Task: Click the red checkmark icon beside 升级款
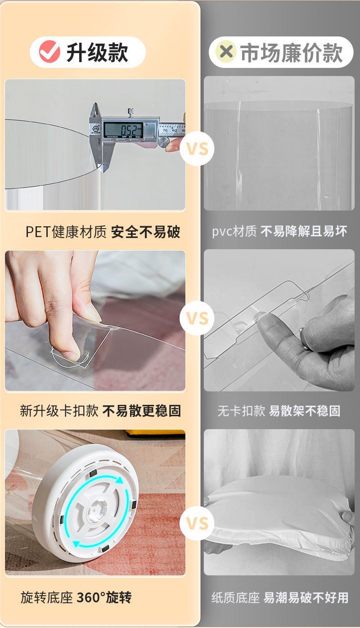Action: coord(49,52)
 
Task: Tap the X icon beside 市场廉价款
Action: coord(226,52)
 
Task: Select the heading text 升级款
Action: coord(97,53)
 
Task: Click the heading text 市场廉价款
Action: coord(292,53)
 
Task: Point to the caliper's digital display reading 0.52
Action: coord(123,130)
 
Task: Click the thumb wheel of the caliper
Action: coord(163,142)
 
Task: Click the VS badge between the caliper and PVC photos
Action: coord(197,148)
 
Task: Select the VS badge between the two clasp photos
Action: coord(197,318)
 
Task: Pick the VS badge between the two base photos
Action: coord(197,524)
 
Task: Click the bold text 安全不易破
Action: coord(145,232)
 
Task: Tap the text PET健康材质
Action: coord(66,232)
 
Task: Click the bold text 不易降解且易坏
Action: coord(304,232)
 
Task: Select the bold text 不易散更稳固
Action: coord(142,411)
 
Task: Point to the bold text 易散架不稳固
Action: coord(305,411)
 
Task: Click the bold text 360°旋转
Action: coord(104,597)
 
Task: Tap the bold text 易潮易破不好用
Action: coord(306,597)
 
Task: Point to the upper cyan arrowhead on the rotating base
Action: coord(119,480)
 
